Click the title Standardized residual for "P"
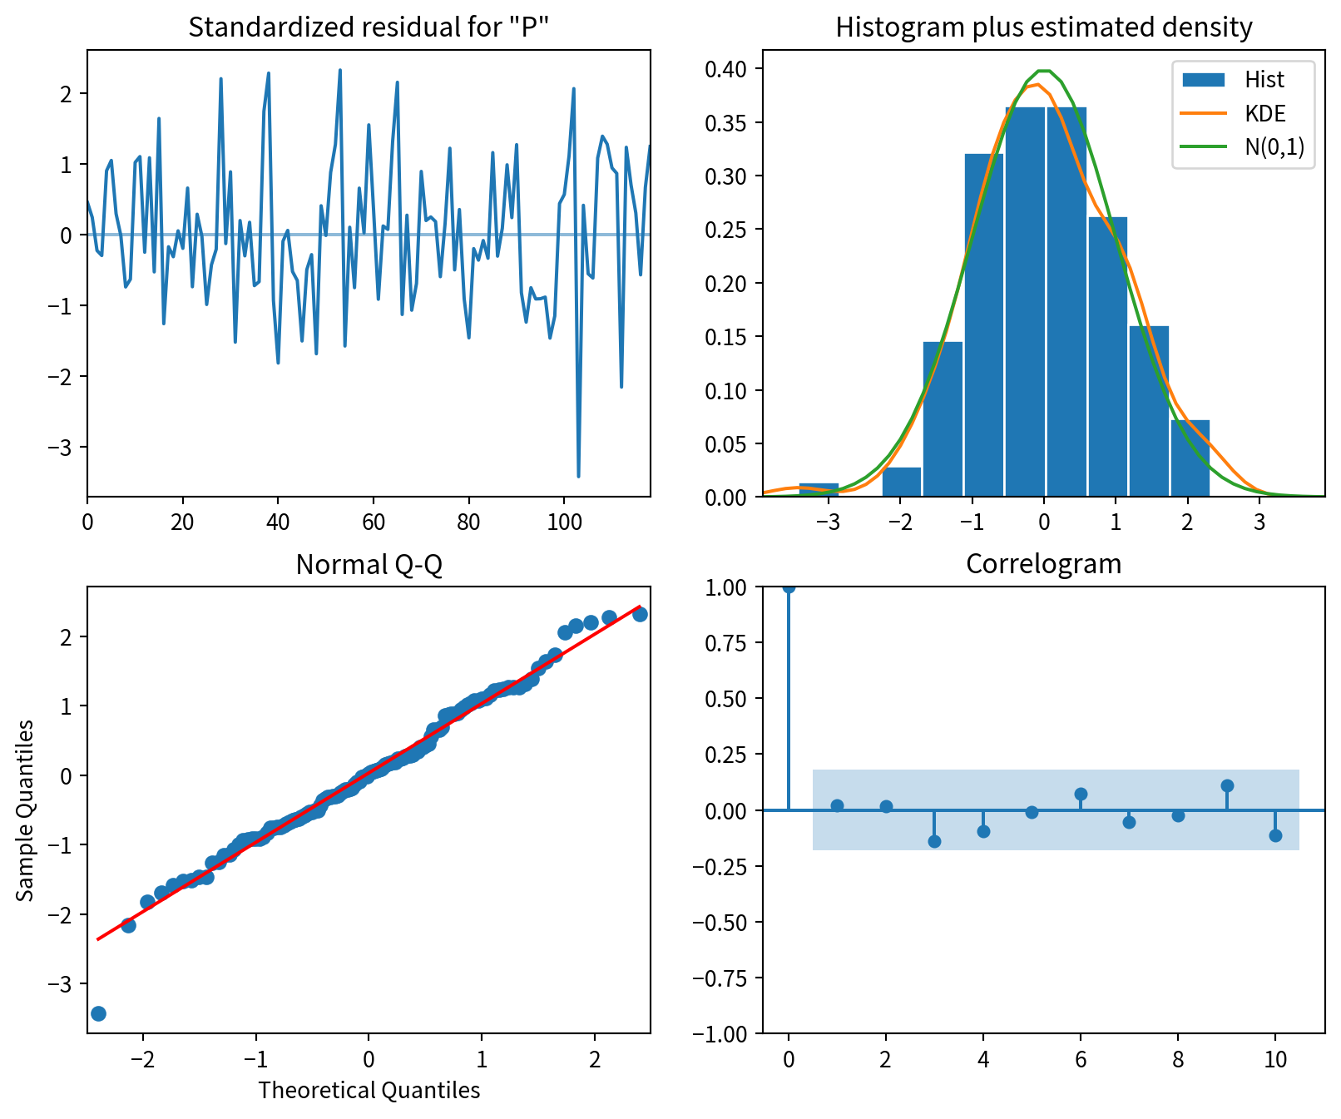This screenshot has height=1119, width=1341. (369, 27)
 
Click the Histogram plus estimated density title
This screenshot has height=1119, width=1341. (1043, 27)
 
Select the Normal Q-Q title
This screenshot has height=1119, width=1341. (369, 565)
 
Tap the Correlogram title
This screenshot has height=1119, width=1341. (1043, 564)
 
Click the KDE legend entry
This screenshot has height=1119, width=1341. (1264, 114)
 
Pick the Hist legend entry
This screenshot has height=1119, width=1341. (1264, 80)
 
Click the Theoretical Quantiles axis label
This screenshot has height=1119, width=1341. (369, 1090)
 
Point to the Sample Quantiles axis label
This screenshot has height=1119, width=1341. (26, 810)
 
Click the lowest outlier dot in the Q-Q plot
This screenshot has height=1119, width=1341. (98, 1013)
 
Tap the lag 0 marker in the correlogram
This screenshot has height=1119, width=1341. (789, 587)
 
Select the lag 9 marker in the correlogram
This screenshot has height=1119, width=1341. (1227, 785)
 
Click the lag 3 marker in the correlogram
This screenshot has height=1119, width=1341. (934, 841)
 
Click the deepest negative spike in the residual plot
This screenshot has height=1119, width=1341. (578, 476)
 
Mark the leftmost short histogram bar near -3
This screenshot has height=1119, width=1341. (819, 489)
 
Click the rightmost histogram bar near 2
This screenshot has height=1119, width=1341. (1190, 458)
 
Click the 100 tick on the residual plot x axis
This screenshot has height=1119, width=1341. (564, 522)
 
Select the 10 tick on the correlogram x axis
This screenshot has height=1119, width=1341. (1275, 1059)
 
